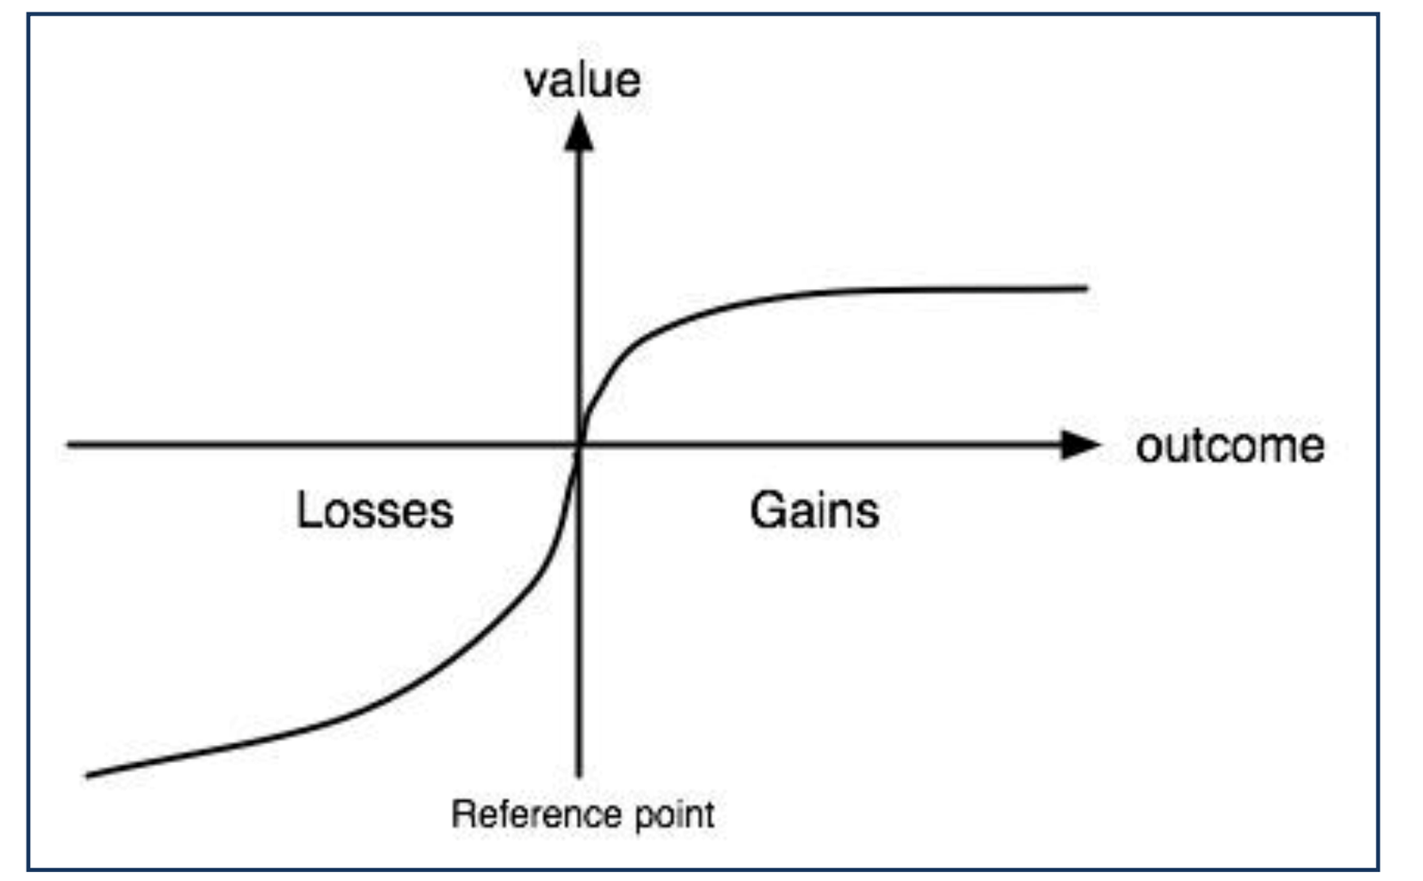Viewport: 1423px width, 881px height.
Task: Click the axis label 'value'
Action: (582, 80)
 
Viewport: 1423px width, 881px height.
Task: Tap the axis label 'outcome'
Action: (1230, 445)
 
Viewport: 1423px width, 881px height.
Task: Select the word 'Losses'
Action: (374, 510)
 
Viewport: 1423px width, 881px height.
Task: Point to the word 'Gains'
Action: (814, 510)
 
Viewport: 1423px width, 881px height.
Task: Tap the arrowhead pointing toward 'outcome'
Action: (1081, 445)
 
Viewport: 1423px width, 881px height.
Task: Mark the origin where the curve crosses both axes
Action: (579, 445)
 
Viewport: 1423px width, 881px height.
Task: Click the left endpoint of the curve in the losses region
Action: (87, 776)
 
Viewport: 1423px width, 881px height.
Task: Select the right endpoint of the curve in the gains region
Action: (1086, 288)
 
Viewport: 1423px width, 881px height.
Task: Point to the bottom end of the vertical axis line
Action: (579, 776)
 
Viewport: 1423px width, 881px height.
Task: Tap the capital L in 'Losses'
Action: (308, 510)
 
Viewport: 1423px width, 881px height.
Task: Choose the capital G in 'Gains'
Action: (767, 510)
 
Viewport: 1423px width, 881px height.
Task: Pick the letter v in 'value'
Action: (535, 83)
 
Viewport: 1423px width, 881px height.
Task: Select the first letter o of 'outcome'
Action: (1149, 447)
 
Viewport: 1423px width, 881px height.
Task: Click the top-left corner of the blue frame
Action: (28, 15)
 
